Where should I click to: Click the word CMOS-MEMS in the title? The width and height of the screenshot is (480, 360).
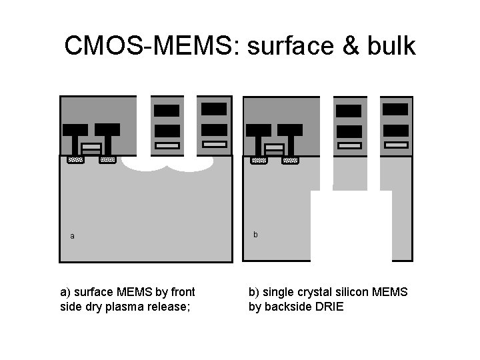[x=151, y=46]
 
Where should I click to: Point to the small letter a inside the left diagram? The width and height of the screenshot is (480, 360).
[x=72, y=236]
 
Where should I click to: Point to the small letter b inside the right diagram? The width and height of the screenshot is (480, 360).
[x=255, y=235]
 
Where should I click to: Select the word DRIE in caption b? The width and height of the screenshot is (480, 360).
[x=329, y=307]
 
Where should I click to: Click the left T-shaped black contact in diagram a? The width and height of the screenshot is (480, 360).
[x=75, y=136]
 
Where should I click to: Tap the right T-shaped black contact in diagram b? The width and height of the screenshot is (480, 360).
[x=290, y=137]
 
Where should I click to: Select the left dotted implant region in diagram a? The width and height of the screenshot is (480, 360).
[x=75, y=160]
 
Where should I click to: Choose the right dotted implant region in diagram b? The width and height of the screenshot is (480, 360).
[x=290, y=160]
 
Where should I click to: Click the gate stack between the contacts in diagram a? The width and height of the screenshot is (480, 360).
[x=91, y=147]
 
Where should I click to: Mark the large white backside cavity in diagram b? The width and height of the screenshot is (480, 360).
[x=351, y=227]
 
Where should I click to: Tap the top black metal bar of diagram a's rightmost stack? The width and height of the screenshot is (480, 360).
[x=214, y=108]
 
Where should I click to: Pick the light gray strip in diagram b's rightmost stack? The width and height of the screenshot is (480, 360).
[x=397, y=145]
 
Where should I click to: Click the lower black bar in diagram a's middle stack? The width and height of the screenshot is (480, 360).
[x=167, y=131]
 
